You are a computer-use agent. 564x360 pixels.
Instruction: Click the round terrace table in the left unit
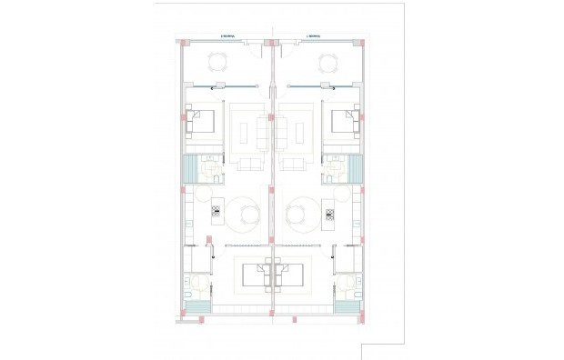tap(218, 62)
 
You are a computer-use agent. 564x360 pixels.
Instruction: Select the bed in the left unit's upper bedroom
tap(203, 122)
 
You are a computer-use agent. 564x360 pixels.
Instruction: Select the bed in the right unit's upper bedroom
tap(343, 122)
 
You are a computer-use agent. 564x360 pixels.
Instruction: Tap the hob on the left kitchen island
tap(217, 214)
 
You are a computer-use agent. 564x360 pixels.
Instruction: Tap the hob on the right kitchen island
tap(329, 214)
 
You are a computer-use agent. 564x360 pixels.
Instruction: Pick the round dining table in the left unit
tap(249, 215)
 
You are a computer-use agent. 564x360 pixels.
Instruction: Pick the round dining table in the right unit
tap(297, 215)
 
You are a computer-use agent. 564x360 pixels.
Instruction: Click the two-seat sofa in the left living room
tap(248, 165)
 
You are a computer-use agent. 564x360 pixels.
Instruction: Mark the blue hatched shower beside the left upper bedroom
tap(191, 169)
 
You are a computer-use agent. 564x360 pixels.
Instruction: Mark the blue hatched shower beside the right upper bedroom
tap(355, 169)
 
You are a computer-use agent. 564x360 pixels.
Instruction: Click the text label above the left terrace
tap(229, 35)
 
